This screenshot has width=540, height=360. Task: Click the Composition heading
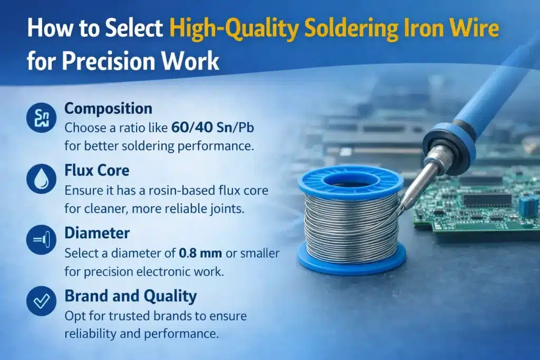click(x=108, y=109)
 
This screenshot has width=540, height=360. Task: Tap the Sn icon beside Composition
click(x=41, y=119)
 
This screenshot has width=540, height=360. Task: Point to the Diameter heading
click(x=97, y=232)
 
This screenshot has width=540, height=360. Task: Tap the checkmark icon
click(x=41, y=301)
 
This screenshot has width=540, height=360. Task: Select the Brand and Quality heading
click(x=130, y=296)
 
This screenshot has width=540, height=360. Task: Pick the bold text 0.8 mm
click(x=201, y=252)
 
